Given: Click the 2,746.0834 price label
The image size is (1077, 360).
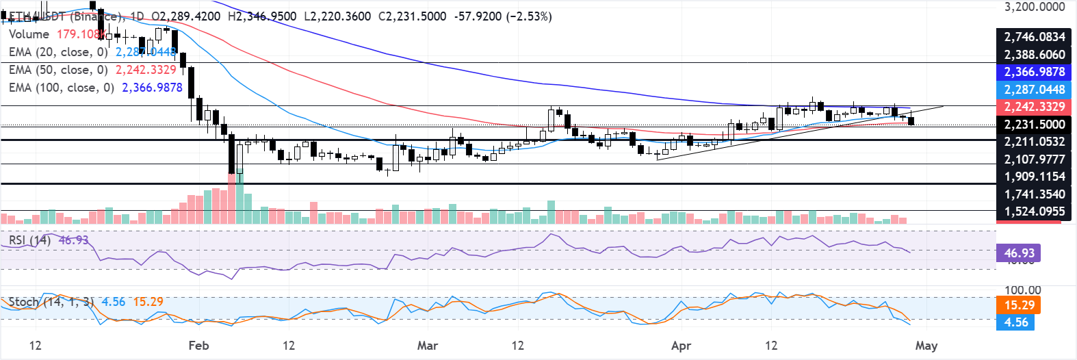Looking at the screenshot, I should (1034, 37).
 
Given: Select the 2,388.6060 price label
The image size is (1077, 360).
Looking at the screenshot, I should (1034, 55).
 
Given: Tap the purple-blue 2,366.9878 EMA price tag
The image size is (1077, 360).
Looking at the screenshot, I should (1034, 72).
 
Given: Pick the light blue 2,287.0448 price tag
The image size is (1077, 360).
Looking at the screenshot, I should (1034, 90).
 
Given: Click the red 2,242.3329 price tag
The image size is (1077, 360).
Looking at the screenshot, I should (1034, 107).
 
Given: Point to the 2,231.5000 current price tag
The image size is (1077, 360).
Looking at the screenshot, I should (1034, 125).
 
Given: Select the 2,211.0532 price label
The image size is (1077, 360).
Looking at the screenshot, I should (1034, 142).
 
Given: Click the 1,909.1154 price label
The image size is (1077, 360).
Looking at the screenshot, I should (1034, 177).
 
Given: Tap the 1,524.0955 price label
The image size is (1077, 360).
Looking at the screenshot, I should (1034, 211).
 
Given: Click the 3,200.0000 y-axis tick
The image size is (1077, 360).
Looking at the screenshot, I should (1035, 7).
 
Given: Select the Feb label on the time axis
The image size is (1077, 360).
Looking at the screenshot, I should (198, 346).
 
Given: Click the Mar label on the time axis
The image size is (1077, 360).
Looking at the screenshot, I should (428, 346).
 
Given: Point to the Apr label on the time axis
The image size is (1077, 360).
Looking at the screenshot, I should (682, 346).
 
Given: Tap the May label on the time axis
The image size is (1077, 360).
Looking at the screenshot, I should (926, 346).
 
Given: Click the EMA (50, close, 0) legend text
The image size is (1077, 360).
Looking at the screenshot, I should (58, 70).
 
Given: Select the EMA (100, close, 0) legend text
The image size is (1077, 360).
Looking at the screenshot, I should (61, 88).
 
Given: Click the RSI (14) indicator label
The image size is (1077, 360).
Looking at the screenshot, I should (29, 240).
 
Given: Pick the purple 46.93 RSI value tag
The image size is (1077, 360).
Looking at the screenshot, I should (1019, 253).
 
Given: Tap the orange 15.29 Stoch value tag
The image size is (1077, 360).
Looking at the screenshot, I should (1019, 305).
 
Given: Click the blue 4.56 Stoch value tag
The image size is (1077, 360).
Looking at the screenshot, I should (1015, 322).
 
